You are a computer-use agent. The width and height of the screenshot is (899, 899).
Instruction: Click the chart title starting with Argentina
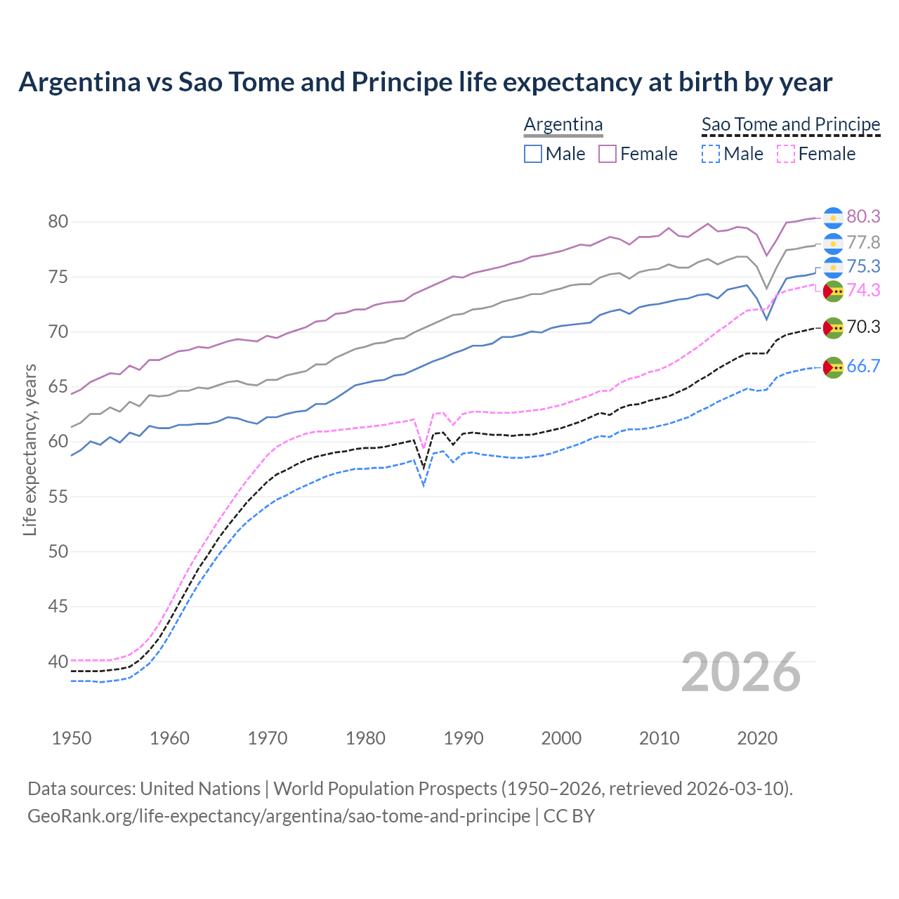click(425, 82)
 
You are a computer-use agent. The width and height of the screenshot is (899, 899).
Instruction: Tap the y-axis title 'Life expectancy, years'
click(29, 449)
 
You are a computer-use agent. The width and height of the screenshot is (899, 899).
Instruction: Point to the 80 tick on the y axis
click(58, 222)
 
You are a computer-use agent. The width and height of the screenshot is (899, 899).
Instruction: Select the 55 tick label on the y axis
click(58, 497)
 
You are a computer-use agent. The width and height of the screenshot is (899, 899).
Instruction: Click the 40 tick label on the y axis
click(58, 662)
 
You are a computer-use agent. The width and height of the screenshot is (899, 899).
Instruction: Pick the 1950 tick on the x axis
click(72, 738)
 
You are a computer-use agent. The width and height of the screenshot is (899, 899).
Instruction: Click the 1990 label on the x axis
click(464, 738)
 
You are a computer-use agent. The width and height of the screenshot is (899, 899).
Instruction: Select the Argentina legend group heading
click(563, 124)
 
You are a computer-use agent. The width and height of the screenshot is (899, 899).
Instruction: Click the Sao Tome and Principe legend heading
click(791, 124)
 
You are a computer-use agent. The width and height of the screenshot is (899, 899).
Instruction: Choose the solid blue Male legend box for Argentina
click(533, 154)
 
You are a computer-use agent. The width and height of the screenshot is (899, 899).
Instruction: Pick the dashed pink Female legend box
click(786, 154)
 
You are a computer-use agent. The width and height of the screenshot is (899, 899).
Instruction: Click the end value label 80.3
click(863, 216)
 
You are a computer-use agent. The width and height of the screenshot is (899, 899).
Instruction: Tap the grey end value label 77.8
click(863, 242)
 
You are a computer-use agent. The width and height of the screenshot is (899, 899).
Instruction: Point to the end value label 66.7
click(863, 366)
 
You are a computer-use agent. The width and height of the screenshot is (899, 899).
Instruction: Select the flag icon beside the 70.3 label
click(833, 327)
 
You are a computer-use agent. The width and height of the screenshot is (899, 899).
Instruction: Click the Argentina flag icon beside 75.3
click(833, 267)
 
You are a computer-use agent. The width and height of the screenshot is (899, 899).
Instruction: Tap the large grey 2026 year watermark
click(740, 672)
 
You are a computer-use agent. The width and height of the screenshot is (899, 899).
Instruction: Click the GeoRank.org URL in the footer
click(279, 816)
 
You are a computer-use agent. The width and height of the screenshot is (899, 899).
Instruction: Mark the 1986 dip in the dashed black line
click(424, 468)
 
